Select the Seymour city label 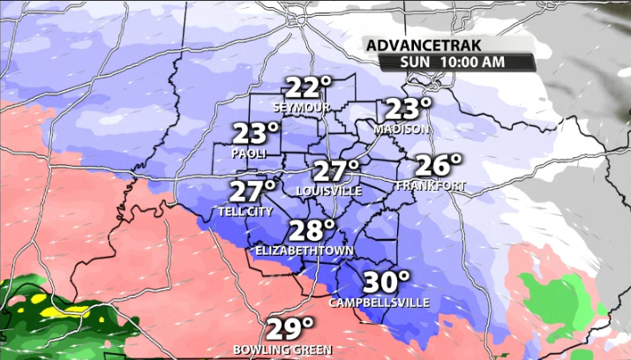coord(301,108)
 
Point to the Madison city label coord(401,129)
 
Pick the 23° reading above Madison coord(407,109)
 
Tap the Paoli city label coord(249,154)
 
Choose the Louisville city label coord(328,191)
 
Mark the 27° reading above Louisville coord(336,170)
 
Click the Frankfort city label coord(430,185)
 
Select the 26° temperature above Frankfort coord(439,165)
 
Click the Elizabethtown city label coord(304,251)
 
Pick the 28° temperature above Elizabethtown coord(312,231)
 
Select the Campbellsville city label coord(379,303)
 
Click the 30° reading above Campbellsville coord(387,282)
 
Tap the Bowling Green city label coord(282,349)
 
